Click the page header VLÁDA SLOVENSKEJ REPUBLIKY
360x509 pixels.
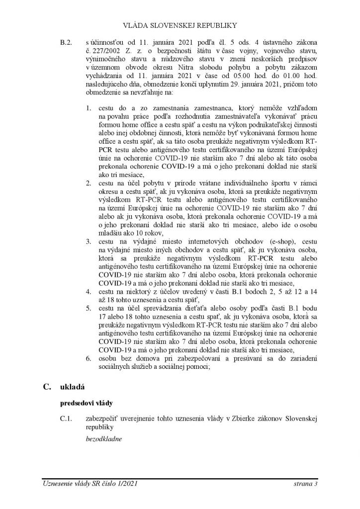180,24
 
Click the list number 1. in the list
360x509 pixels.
89,107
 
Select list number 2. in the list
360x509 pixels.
89,183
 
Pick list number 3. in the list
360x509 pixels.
89,242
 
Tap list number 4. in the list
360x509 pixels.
89,292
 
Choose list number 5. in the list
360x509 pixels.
89,309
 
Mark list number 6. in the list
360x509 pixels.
89,359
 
